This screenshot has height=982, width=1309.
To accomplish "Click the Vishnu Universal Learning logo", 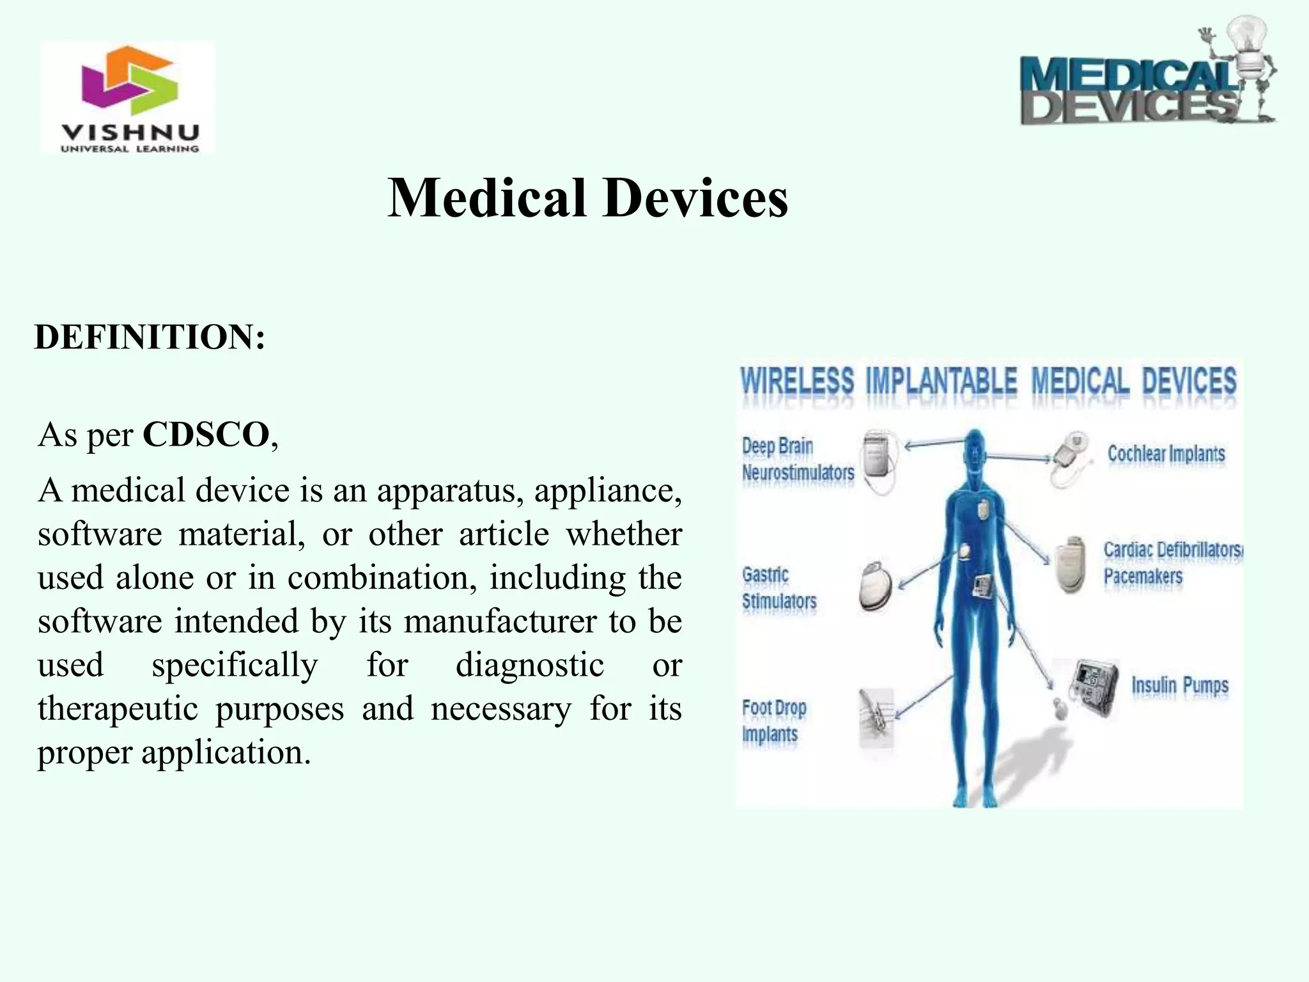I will click(128, 97).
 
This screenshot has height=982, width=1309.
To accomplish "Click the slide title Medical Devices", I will click(587, 198).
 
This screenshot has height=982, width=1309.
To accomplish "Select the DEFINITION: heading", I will click(150, 337).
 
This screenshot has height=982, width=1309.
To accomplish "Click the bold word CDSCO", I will click(206, 435).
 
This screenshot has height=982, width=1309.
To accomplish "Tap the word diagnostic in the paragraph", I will click(530, 665).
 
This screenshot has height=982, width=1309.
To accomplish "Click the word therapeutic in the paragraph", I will click(118, 708).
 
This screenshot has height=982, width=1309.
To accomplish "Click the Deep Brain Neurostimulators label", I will click(797, 459).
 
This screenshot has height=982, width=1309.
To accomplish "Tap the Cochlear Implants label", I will click(1166, 454).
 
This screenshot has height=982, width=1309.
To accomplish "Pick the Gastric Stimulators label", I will click(778, 588).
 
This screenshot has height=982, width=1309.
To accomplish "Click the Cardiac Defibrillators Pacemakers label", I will click(1171, 563).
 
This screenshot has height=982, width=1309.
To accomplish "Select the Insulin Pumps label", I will click(1180, 685).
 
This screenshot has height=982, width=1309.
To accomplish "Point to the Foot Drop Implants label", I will click(773, 721).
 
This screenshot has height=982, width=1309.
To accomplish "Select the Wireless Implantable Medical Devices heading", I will click(988, 382).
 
